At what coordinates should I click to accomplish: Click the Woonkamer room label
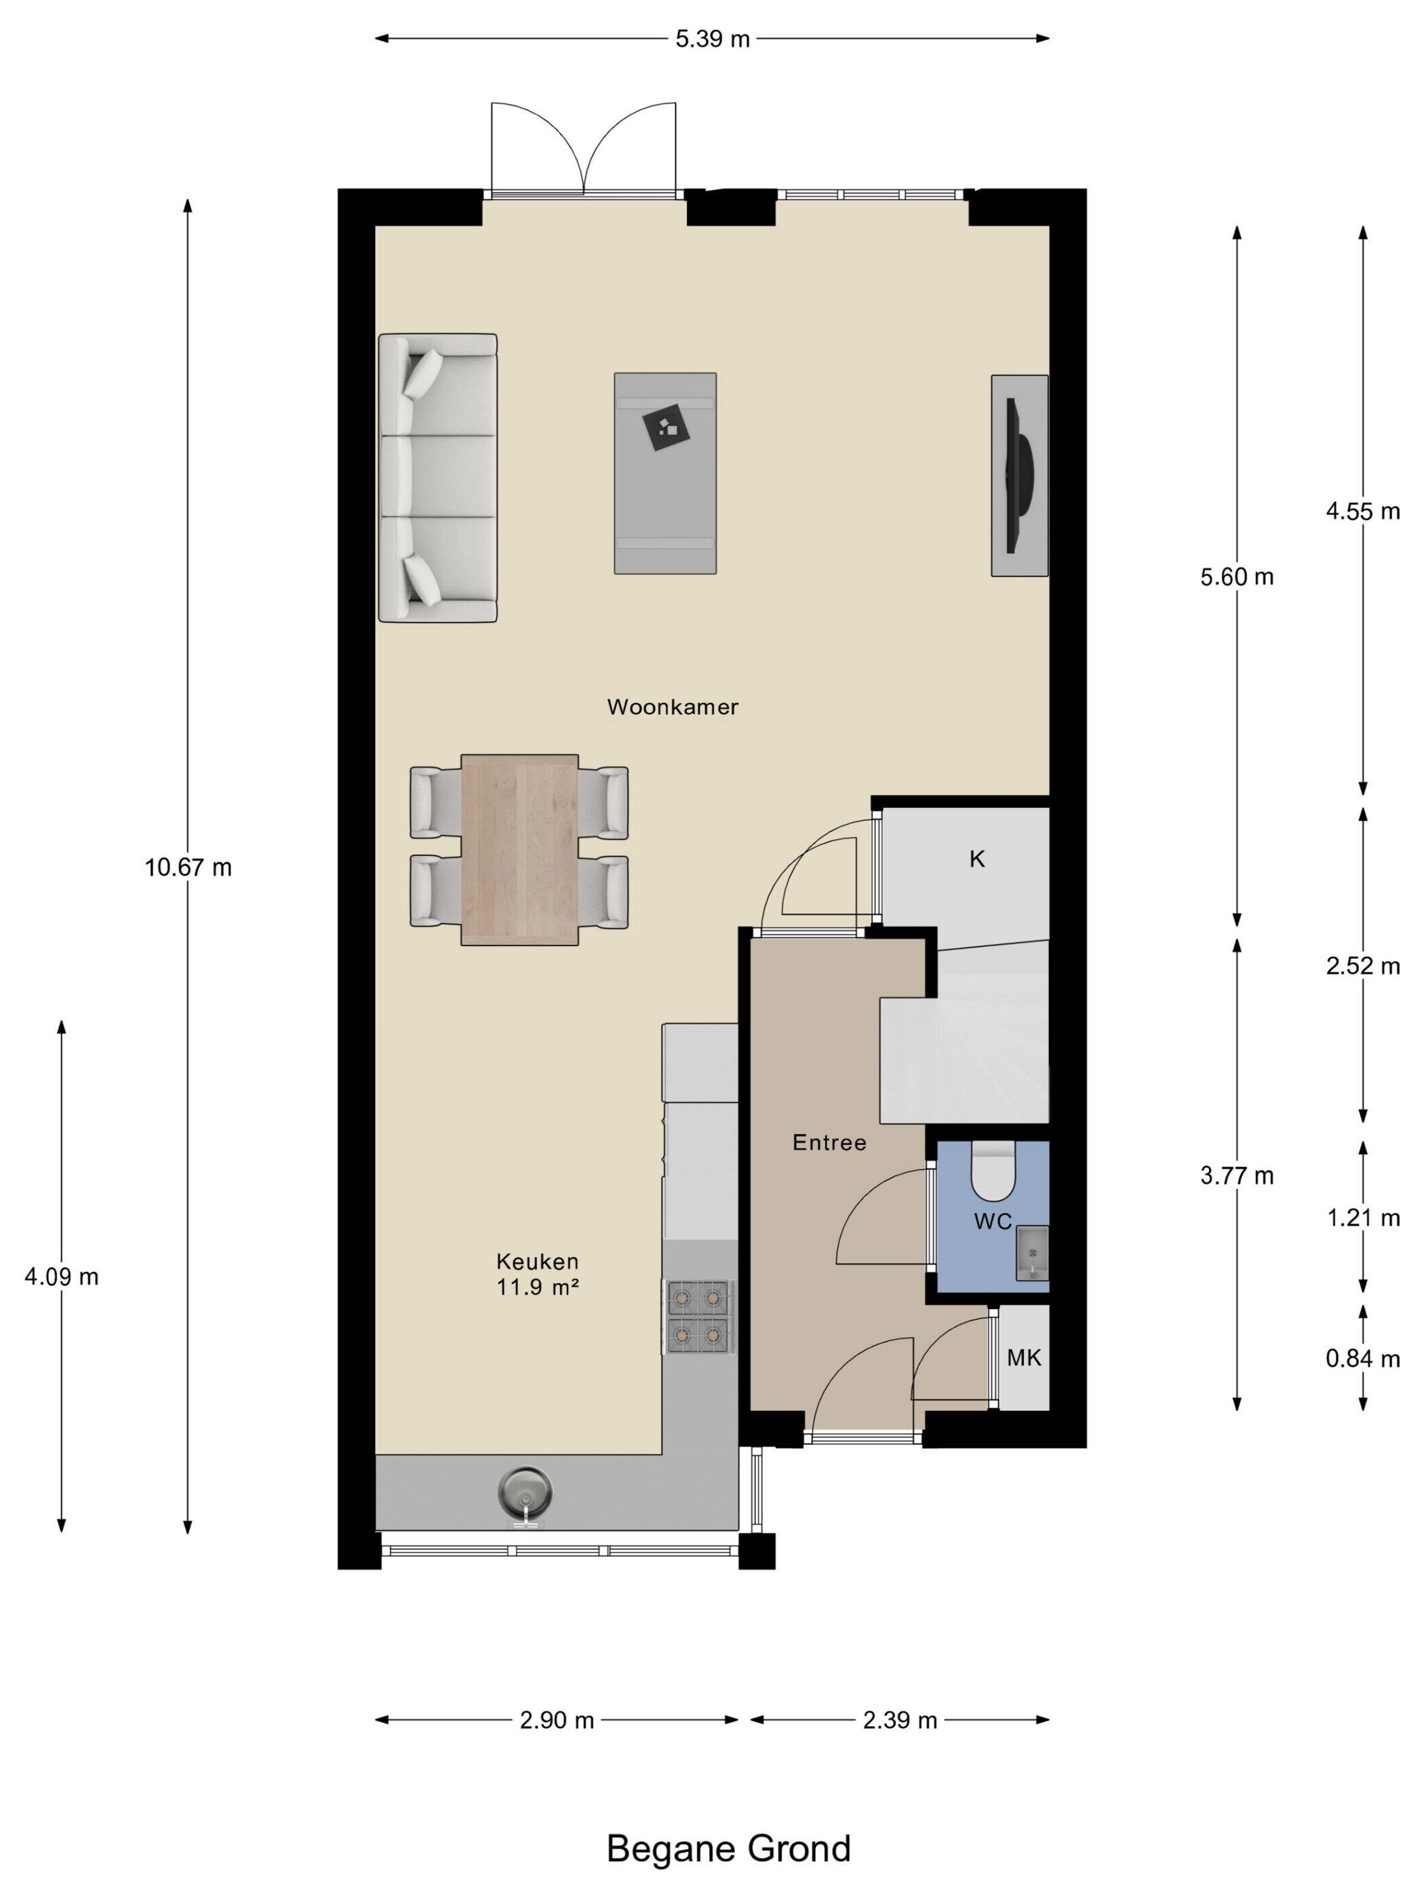click(672, 707)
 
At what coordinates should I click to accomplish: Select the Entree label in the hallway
click(829, 1143)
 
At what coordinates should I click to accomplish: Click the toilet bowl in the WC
click(993, 1170)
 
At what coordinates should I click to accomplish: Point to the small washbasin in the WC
click(1031, 1253)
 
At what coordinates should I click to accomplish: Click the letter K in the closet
click(977, 859)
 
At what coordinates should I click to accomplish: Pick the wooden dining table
click(519, 849)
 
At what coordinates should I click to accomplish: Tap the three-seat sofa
click(438, 477)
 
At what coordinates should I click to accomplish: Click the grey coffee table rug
click(665, 473)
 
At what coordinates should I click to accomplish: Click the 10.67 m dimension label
click(188, 868)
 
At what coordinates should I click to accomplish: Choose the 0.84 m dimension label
click(1362, 1358)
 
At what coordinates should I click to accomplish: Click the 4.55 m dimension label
click(1362, 511)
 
